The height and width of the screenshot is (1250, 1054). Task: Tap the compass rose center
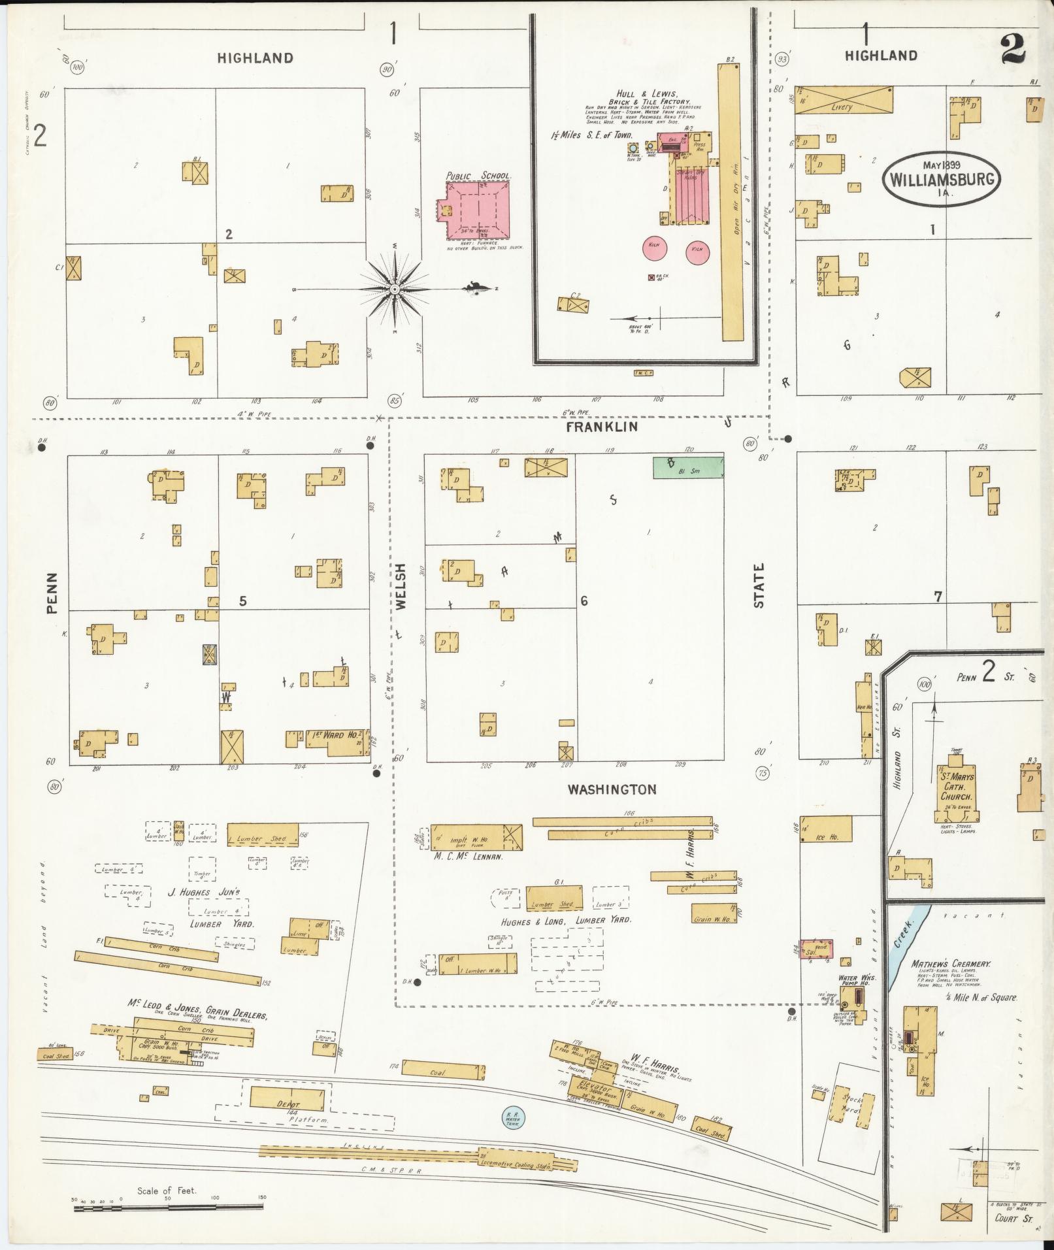(x=394, y=289)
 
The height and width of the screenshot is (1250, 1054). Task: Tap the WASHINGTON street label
(x=612, y=790)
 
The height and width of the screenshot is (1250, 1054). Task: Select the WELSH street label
(x=401, y=586)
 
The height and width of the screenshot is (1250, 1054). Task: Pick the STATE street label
(x=759, y=586)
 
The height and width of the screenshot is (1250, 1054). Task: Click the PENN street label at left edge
(x=52, y=593)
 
